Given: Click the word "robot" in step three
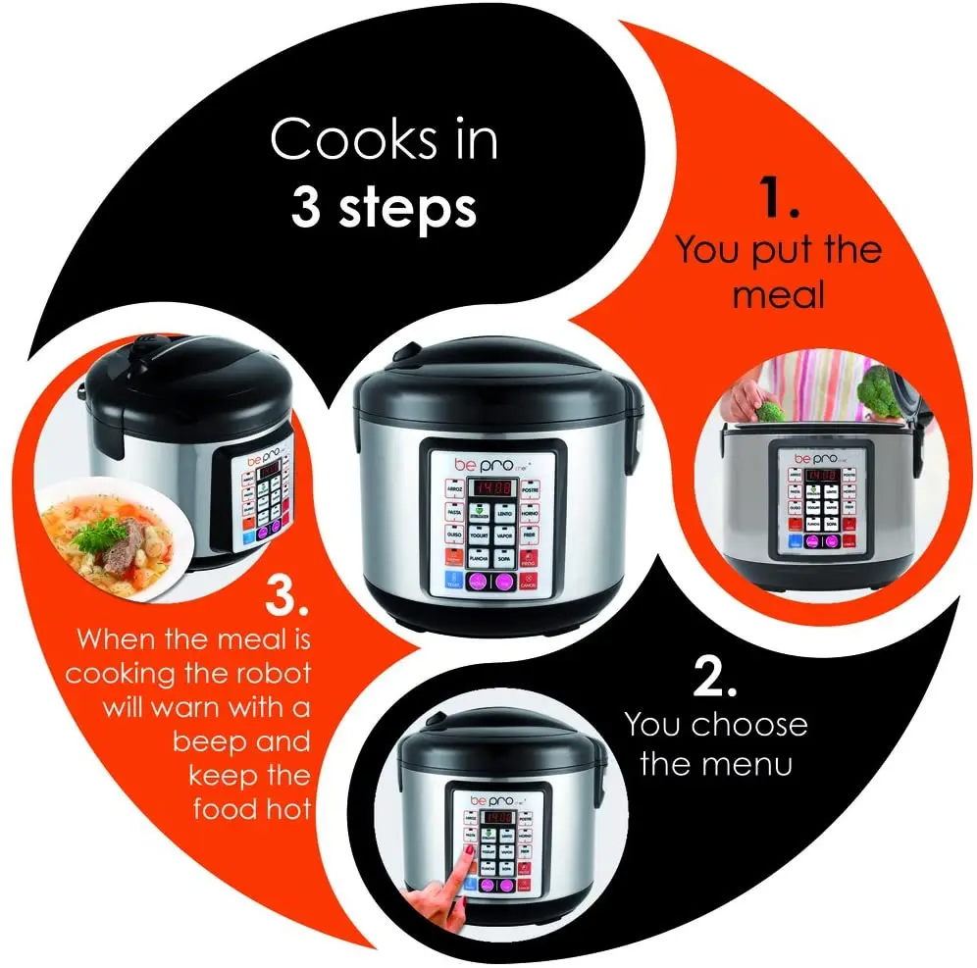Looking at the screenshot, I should pyautogui.click(x=265, y=674).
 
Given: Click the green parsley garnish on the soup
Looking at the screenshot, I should pyautogui.click(x=95, y=535).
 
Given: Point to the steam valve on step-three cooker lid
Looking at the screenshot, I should pyautogui.click(x=148, y=343).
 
